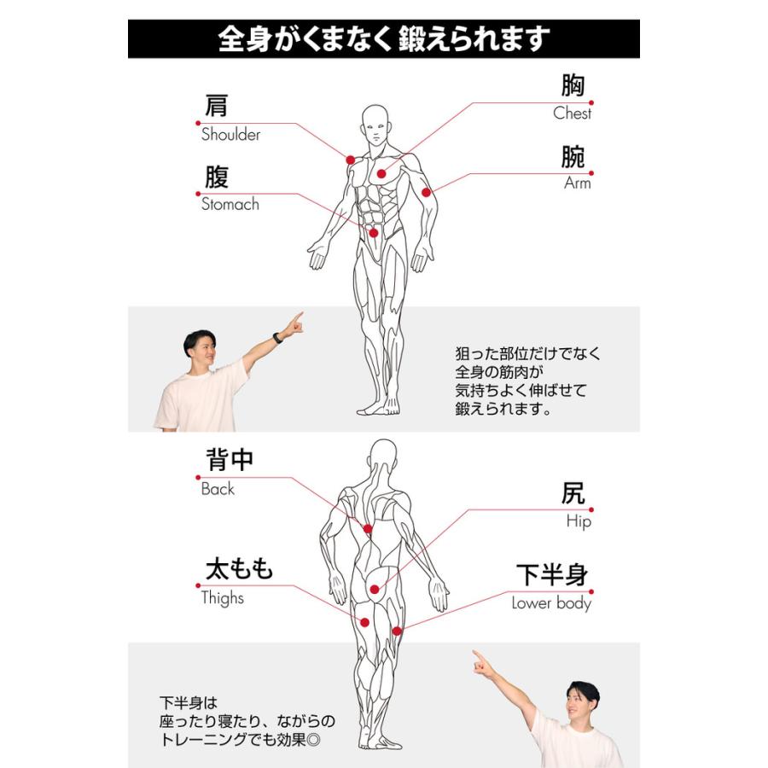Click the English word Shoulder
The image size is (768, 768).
coord(230,135)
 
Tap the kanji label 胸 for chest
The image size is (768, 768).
coord(573,86)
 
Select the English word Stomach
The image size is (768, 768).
coord(230,205)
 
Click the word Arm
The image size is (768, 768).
coord(577,183)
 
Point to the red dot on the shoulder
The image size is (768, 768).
coord(350,160)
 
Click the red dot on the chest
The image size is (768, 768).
coord(381,173)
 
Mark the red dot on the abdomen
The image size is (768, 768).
coord(373,232)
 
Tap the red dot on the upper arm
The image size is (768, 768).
coord(426,193)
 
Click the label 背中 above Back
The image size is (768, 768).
coord(230,460)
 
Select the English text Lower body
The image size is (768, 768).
coord(551,603)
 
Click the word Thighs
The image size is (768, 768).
coord(222,598)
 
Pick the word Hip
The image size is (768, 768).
coord(578,521)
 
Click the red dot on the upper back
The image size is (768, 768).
coord(367,529)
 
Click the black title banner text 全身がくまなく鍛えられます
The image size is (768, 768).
coord(383,39)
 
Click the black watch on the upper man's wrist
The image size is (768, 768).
coord(277,338)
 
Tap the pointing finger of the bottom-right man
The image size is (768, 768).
coord(477,656)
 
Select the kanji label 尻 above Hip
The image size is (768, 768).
coord(573,494)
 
